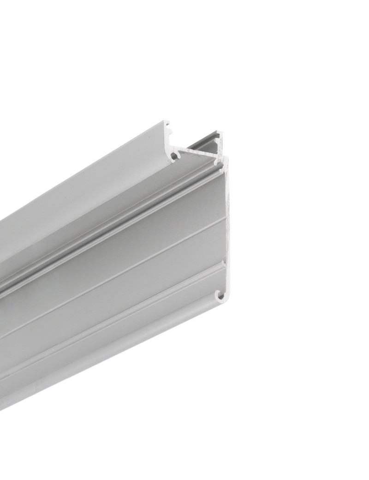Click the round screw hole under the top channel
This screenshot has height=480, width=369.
click(x=174, y=156)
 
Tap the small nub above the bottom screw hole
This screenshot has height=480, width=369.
click(x=224, y=264)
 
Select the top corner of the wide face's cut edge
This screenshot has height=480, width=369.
click(x=226, y=159)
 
